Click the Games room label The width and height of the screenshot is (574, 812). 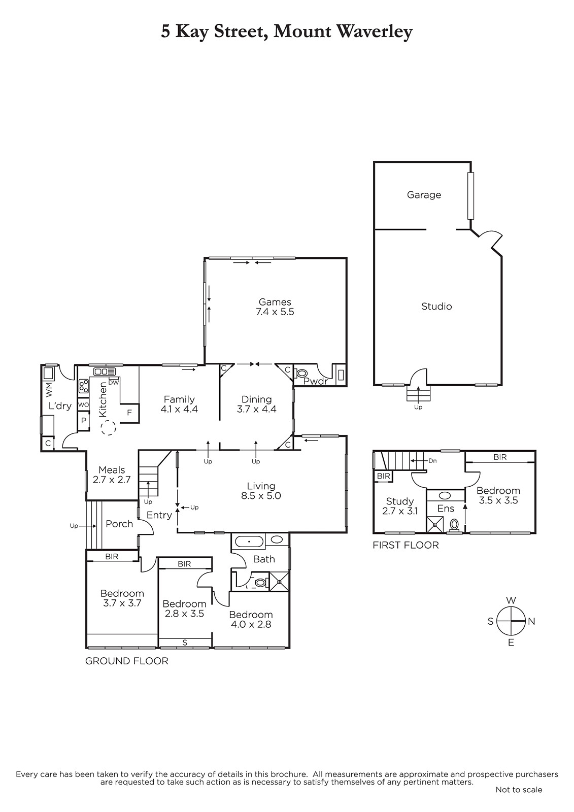pos(275,302)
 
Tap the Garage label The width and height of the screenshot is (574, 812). pos(424,195)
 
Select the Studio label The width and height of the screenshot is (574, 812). pos(436,307)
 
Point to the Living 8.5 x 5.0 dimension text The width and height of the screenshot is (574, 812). pos(261,496)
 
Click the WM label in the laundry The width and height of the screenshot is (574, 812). pos(49,390)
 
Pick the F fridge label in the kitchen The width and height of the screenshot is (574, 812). pos(129,413)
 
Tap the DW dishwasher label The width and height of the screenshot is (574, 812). pos(114,383)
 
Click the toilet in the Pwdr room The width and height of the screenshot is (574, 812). pos(301,374)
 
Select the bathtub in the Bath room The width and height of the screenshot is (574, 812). pos(250,542)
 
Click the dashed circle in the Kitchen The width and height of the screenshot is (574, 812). pos(109,428)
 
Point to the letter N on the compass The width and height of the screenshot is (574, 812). pos(531,622)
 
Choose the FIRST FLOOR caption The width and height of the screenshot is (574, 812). pos(406,545)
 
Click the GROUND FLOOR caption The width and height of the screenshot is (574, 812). pos(127,661)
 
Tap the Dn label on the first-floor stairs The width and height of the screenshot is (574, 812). pos(432,461)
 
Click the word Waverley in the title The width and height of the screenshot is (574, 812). pos(375,32)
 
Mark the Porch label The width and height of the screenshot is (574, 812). pos(119,524)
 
